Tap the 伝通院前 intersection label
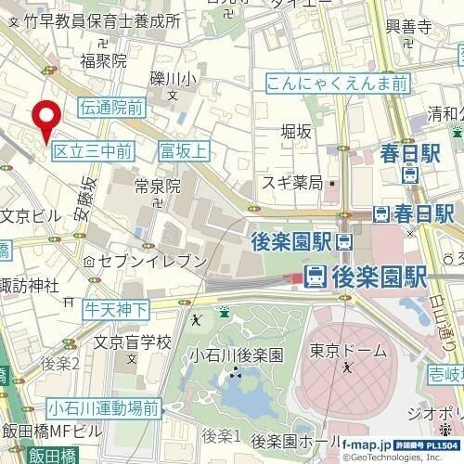click(112, 108)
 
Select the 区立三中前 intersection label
click(92, 149)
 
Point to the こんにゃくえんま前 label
click(337, 84)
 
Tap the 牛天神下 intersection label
click(118, 307)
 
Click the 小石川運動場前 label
click(105, 407)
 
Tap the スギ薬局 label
click(291, 182)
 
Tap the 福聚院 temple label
click(102, 62)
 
